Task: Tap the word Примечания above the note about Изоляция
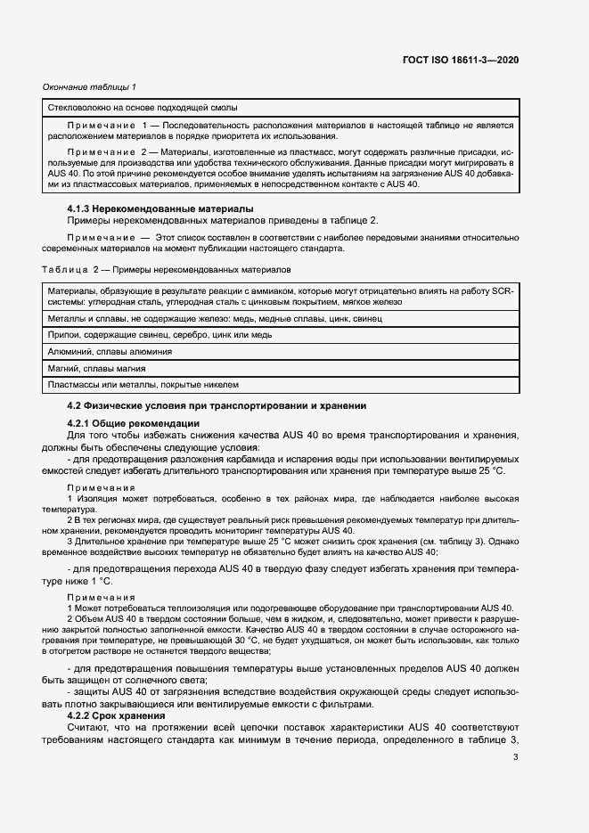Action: coord(102,488)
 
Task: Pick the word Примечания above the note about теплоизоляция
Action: coord(102,597)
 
